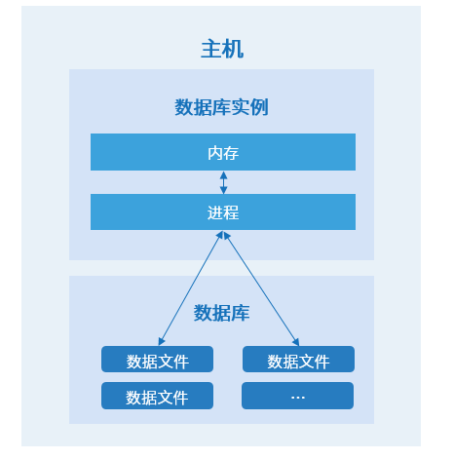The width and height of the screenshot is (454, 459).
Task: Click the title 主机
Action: click(x=222, y=49)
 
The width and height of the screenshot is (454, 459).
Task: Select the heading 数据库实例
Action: click(x=222, y=107)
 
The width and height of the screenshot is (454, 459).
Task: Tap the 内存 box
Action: click(x=223, y=152)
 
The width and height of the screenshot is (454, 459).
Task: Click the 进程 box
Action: click(x=223, y=211)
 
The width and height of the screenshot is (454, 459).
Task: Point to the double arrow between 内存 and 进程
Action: click(x=223, y=182)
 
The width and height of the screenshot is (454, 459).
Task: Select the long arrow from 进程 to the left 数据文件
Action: click(x=190, y=287)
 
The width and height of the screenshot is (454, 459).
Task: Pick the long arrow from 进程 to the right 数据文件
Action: click(x=261, y=288)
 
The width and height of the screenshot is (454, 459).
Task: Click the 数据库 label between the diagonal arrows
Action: click(x=222, y=313)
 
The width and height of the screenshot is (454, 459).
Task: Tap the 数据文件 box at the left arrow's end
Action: click(x=157, y=359)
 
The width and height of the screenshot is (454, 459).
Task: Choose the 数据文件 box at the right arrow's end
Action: click(x=298, y=359)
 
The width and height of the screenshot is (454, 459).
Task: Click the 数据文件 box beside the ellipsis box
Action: click(x=157, y=396)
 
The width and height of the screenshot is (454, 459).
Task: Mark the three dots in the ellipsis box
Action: click(x=298, y=398)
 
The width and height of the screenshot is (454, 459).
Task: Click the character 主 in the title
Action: click(x=211, y=49)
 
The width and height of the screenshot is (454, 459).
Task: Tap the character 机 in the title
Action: click(x=233, y=50)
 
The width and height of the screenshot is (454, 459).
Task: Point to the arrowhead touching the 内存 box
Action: click(x=223, y=174)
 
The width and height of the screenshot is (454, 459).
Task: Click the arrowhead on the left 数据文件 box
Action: click(x=162, y=341)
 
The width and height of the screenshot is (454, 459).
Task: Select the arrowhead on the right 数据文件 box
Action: click(x=296, y=342)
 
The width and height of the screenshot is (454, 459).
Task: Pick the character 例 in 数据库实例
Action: click(x=259, y=107)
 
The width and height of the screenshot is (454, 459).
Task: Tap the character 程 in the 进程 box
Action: click(x=231, y=212)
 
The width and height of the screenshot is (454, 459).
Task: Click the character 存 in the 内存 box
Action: click(x=231, y=153)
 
